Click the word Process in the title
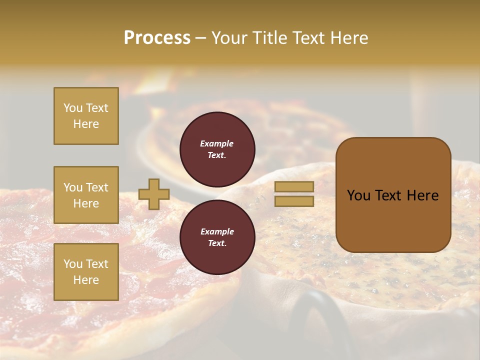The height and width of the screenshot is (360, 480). [x=157, y=38]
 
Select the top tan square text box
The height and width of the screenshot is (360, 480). [x=86, y=116]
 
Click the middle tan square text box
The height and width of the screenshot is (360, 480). [x=86, y=195]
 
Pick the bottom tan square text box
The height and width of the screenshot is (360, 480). [x=86, y=272]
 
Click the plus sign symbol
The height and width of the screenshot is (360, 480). [x=154, y=194]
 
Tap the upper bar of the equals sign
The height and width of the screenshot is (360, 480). [x=294, y=186]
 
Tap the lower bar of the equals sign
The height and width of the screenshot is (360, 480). [x=294, y=201]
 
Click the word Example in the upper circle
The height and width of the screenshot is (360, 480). [x=217, y=143]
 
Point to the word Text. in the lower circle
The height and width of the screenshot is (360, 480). [x=217, y=243]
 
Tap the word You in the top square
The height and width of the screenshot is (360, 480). [x=72, y=108]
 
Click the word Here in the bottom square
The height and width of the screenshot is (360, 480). [x=86, y=280]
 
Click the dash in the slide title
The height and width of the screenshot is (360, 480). [x=200, y=38]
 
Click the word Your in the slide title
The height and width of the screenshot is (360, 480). [x=230, y=38]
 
